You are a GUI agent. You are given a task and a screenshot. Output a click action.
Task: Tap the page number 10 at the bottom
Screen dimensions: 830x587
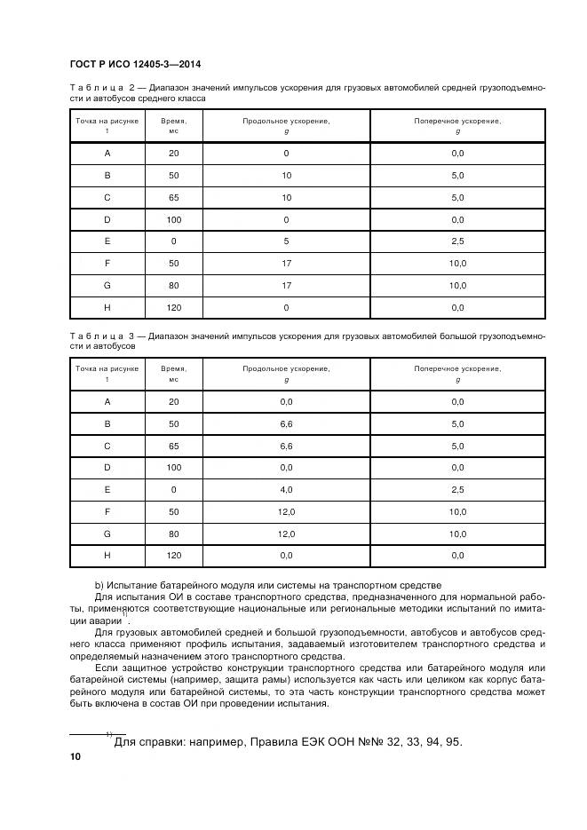(x=75, y=756)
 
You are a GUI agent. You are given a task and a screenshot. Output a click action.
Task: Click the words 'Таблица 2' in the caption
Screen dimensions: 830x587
(x=106, y=88)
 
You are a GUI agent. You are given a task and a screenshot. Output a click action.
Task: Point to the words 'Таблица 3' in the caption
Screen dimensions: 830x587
(x=106, y=336)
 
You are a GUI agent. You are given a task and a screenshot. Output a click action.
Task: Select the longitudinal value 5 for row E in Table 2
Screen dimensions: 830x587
(x=286, y=241)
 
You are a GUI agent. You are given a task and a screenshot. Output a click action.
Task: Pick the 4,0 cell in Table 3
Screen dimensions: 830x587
(x=286, y=489)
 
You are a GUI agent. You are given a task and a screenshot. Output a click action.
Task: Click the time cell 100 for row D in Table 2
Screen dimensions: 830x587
(x=173, y=219)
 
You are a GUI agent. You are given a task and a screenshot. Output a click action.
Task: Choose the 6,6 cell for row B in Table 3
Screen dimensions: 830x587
(x=286, y=424)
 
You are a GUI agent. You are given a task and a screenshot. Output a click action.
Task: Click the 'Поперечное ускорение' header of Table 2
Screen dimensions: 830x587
(x=457, y=121)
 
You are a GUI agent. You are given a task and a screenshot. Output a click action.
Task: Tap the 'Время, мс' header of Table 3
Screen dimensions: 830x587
(x=173, y=373)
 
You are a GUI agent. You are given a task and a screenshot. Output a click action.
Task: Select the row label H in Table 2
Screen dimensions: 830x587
(x=107, y=307)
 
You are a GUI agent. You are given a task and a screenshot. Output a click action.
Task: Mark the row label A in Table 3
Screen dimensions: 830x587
(x=107, y=402)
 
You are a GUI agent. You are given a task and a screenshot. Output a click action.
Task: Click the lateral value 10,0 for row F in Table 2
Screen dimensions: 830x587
(x=457, y=264)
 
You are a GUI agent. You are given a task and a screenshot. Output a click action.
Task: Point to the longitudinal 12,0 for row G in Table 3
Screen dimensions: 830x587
(x=286, y=534)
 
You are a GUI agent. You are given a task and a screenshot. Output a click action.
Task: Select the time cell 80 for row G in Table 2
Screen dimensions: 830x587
(x=173, y=285)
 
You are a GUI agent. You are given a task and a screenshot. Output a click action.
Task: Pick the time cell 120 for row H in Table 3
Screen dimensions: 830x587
(x=173, y=556)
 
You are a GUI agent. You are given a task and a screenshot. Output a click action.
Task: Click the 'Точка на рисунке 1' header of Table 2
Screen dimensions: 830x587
(x=107, y=125)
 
